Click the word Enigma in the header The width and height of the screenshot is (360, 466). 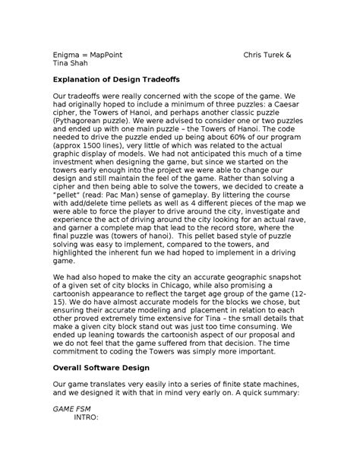tap(65, 55)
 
